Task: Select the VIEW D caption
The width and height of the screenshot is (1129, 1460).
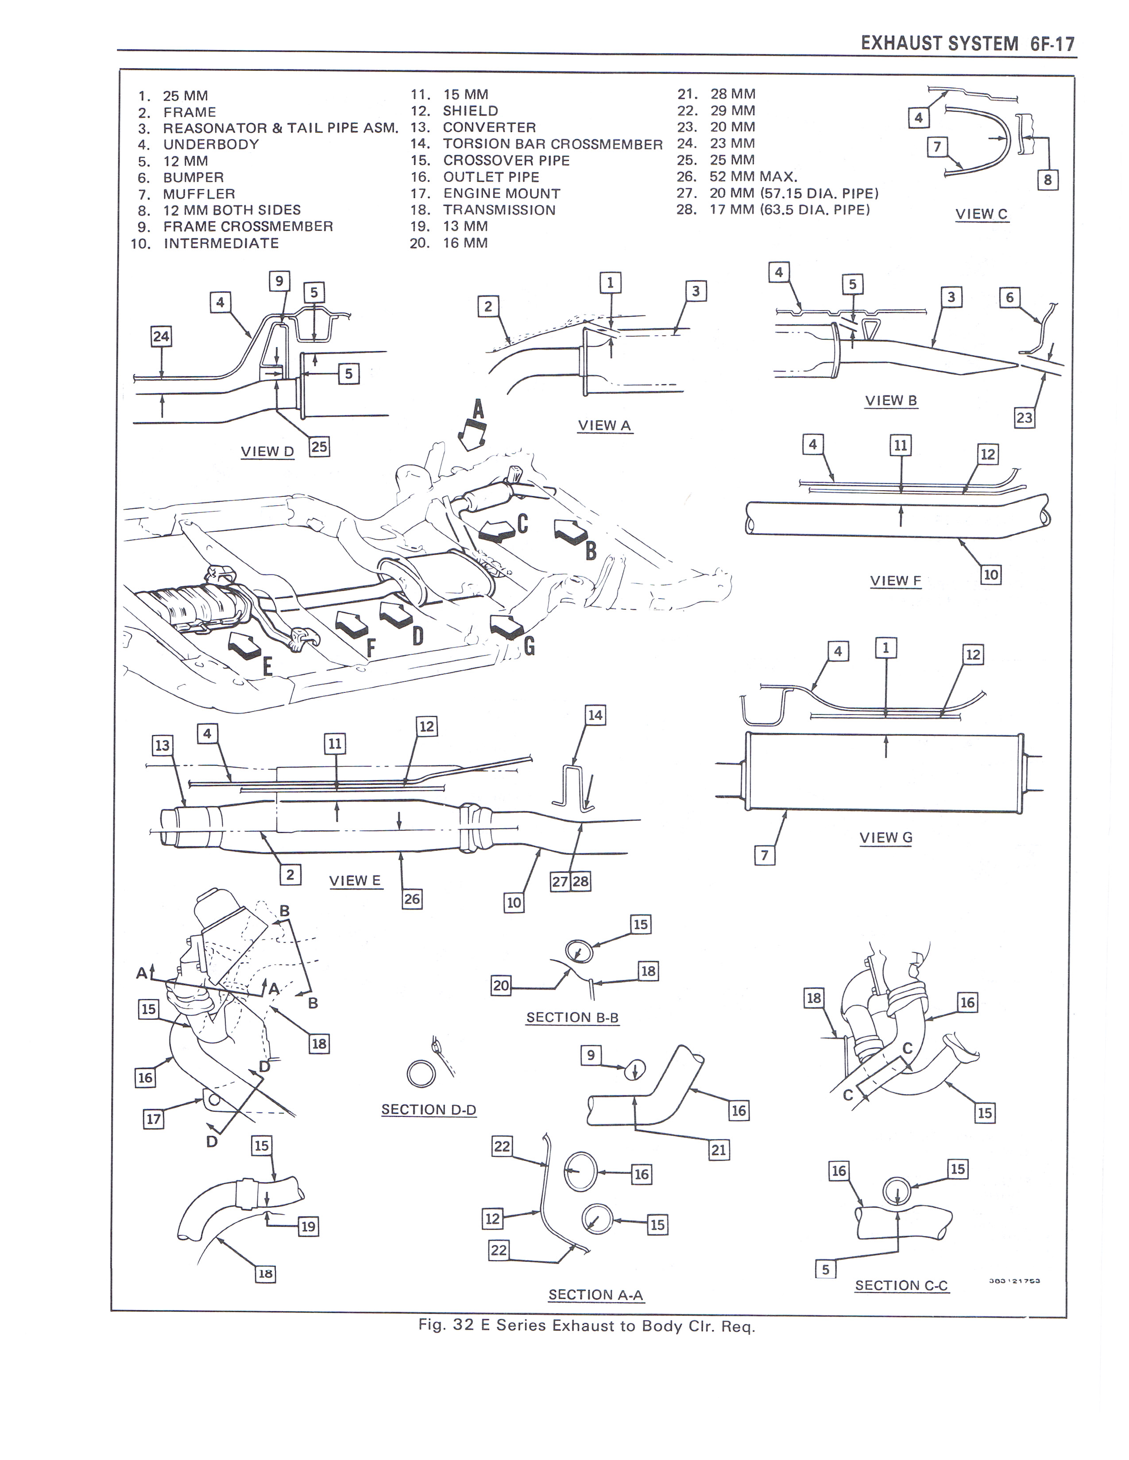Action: click(x=267, y=451)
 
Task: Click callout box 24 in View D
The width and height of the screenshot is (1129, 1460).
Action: click(x=161, y=336)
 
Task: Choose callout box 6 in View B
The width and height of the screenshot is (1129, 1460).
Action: click(x=1009, y=297)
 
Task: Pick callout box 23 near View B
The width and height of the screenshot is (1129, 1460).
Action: click(x=1024, y=418)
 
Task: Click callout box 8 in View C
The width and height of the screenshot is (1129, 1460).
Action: click(x=1048, y=180)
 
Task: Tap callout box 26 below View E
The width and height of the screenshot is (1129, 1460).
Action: click(x=412, y=899)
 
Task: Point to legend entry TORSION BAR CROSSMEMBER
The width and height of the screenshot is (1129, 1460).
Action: click(x=553, y=144)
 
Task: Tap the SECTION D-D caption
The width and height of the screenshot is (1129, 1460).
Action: click(x=429, y=1110)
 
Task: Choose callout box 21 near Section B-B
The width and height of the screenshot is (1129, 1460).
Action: click(x=718, y=1150)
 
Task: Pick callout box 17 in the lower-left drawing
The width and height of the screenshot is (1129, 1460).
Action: click(x=154, y=1118)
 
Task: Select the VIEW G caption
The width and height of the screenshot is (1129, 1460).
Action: click(x=885, y=838)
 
